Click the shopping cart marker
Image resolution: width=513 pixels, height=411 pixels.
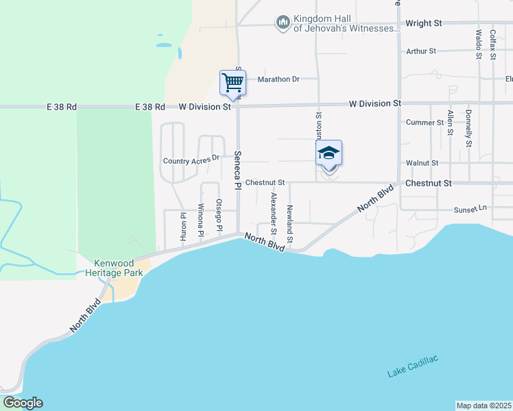[232, 83]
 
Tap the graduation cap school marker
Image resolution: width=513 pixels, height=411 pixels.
[329, 153]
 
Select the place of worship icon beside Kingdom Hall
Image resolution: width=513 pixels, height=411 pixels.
[283, 23]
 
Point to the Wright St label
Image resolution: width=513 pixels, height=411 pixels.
[423, 23]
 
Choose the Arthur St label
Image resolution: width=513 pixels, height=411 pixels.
[420, 51]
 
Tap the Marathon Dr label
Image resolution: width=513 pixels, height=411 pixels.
[278, 79]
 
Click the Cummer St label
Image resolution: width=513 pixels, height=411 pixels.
[425, 123]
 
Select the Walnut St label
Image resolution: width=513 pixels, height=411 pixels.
[421, 163]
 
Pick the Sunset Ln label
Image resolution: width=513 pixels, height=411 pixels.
[470, 209]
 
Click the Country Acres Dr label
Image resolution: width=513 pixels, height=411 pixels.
[191, 160]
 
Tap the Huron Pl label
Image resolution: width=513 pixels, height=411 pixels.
[183, 225]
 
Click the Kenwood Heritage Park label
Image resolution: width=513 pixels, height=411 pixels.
[119, 268]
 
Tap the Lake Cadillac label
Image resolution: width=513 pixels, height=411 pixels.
[412, 366]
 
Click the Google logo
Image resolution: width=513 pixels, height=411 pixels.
[23, 403]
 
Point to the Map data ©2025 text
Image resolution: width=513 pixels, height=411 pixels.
[484, 406]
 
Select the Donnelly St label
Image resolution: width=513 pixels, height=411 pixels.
[468, 128]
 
